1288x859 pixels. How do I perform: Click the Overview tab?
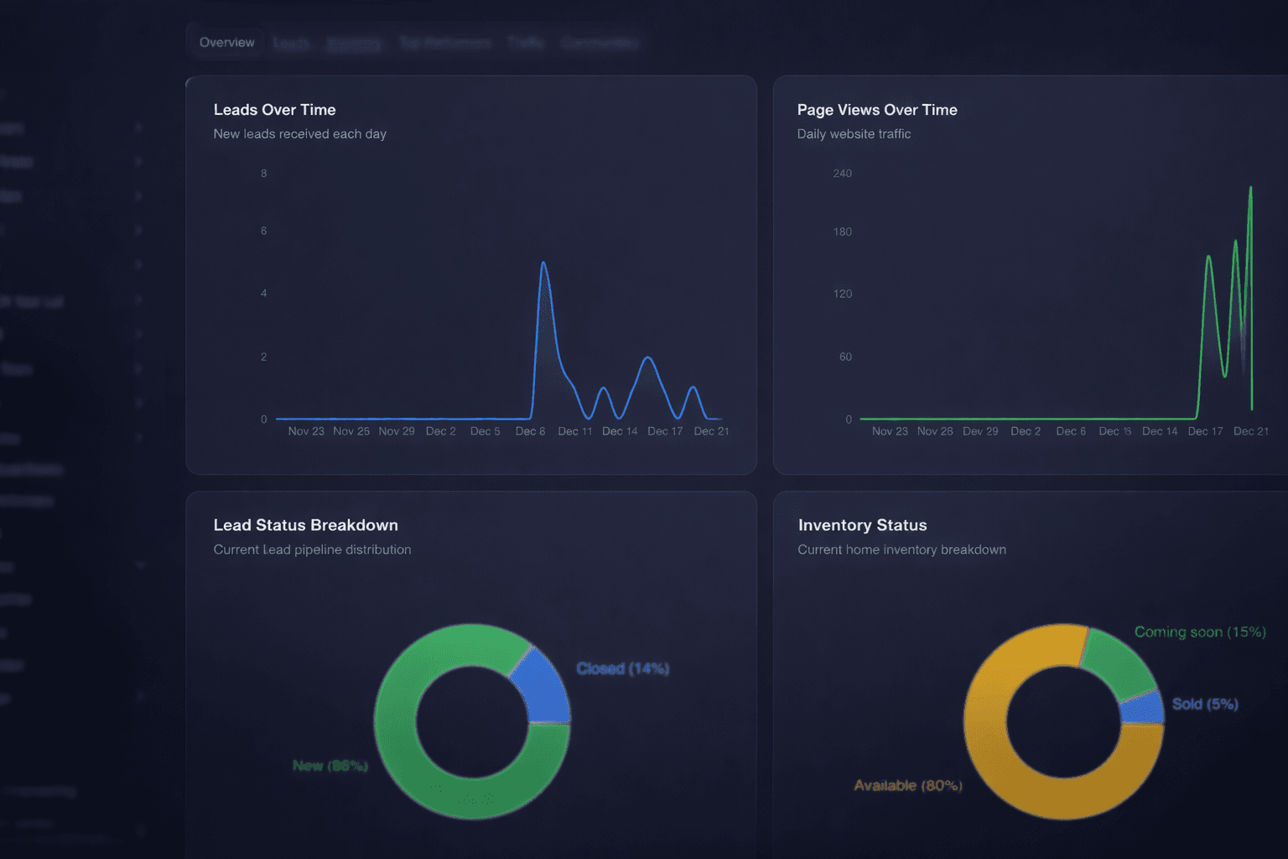(x=226, y=43)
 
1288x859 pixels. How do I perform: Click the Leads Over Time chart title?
(x=274, y=110)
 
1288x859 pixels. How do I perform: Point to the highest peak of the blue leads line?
(x=543, y=263)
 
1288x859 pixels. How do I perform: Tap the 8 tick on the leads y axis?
(x=263, y=174)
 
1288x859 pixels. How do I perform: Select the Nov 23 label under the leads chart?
(x=305, y=431)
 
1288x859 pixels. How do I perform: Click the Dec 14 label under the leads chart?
(x=620, y=431)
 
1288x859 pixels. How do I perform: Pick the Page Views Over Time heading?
(x=876, y=110)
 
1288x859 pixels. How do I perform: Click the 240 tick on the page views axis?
(x=842, y=174)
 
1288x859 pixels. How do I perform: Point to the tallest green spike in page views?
(x=1250, y=189)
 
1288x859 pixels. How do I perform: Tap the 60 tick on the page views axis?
(x=845, y=357)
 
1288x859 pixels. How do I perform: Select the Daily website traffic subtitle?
(x=854, y=134)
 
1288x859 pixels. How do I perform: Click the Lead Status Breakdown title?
(x=305, y=525)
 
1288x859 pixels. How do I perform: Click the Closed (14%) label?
(x=622, y=669)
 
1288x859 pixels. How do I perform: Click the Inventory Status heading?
(x=862, y=525)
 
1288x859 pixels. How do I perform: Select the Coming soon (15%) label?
(x=1199, y=632)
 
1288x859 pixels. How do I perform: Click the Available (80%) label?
(x=907, y=785)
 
